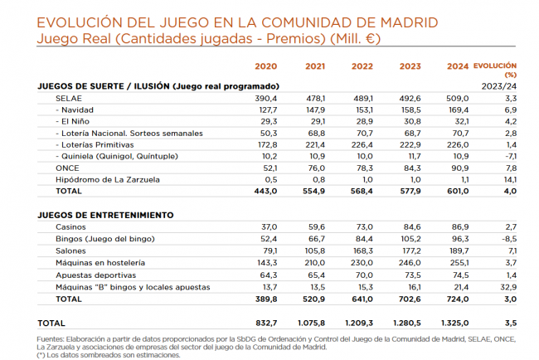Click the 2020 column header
click(x=266, y=67)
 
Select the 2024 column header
click(x=457, y=67)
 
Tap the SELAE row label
click(x=68, y=98)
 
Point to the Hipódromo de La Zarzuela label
click(x=107, y=179)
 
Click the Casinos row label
click(x=70, y=226)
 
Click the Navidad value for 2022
click(x=364, y=109)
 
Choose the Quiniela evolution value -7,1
click(x=510, y=156)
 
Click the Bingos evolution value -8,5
click(x=509, y=239)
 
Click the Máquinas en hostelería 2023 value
click(x=410, y=262)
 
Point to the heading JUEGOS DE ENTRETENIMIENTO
click(x=106, y=214)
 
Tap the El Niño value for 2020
click(x=266, y=121)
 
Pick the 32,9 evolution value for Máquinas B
click(x=509, y=286)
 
